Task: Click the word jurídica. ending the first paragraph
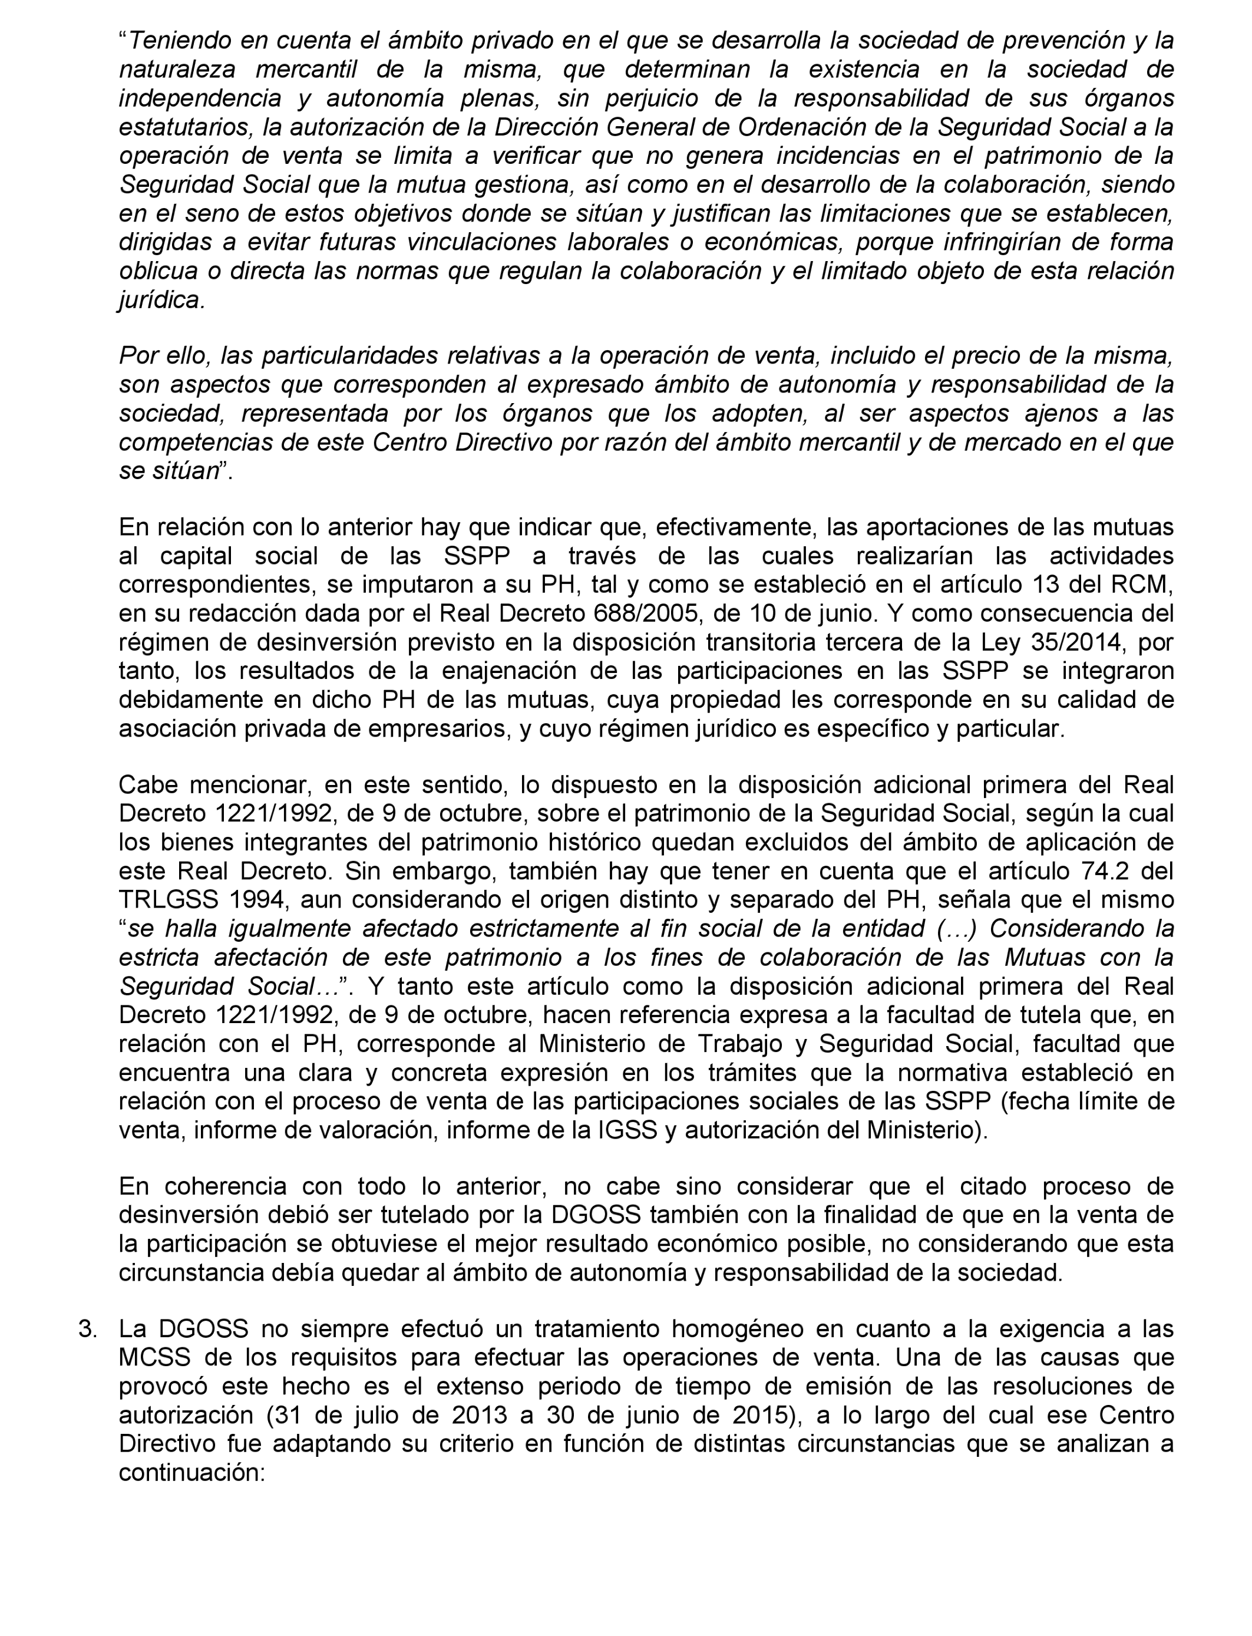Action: click(x=161, y=301)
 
